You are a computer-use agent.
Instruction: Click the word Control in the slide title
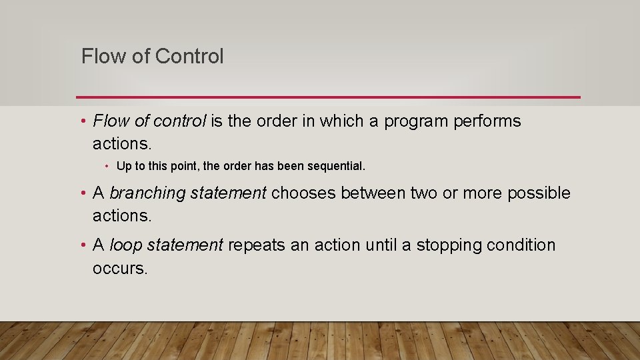(189, 57)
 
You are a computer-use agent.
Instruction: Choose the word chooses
(303, 193)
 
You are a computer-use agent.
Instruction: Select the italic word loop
(125, 245)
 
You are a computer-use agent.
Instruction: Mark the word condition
(521, 245)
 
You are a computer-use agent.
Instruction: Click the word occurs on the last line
(119, 268)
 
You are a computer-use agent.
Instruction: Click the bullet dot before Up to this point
(107, 165)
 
